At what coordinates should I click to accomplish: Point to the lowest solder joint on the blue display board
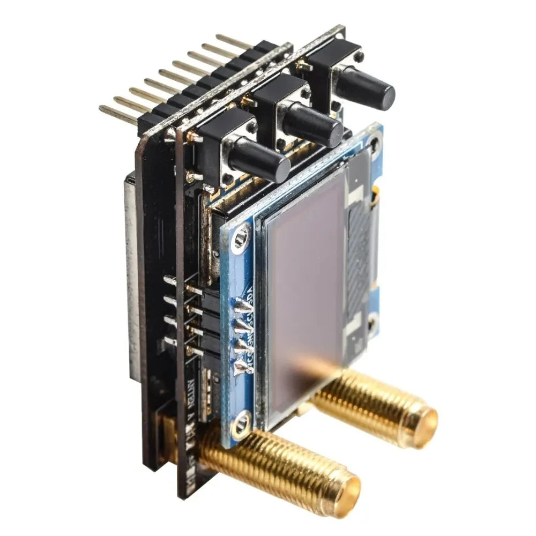tap(242, 367)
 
